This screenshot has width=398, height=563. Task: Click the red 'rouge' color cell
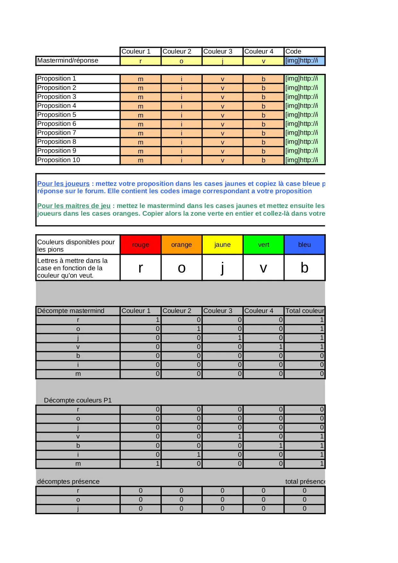tap(140, 245)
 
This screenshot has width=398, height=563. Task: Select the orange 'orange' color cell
tap(182, 245)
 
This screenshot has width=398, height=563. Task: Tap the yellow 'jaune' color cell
tap(223, 245)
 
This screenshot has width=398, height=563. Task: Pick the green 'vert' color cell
tap(263, 245)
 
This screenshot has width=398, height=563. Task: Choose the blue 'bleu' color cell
tap(304, 245)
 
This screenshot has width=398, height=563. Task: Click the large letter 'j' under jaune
tap(223, 268)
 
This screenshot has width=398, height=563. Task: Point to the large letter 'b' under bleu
tap(304, 268)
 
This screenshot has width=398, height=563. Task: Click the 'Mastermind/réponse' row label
tap(68, 61)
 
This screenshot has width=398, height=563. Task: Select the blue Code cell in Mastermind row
tap(304, 61)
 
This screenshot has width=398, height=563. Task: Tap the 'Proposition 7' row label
tap(57, 133)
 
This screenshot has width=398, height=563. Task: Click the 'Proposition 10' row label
tap(59, 160)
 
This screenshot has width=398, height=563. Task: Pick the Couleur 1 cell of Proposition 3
tap(140, 97)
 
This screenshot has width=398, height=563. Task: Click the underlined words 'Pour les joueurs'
tap(64, 184)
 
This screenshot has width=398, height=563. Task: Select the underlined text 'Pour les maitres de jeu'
tap(74, 206)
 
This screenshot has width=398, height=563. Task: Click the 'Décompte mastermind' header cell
tap(71, 311)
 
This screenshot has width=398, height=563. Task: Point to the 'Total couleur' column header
tap(305, 311)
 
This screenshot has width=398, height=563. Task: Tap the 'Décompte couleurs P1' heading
tap(78, 400)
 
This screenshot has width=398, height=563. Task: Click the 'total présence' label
tap(305, 481)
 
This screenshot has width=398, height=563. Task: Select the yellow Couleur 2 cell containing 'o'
tap(182, 61)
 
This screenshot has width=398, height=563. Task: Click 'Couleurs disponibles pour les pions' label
tap(76, 246)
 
